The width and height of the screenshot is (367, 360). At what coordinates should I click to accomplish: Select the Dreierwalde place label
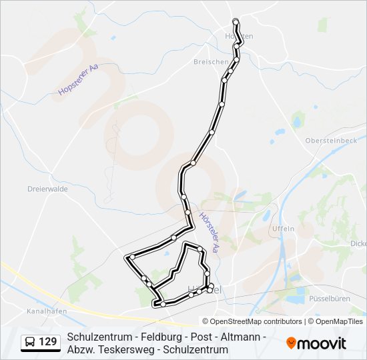[47, 189]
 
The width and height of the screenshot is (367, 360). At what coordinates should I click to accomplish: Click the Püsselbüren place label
[330, 299]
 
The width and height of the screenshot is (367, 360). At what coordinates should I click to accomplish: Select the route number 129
[48, 343]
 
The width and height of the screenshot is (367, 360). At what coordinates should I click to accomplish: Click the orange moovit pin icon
[291, 343]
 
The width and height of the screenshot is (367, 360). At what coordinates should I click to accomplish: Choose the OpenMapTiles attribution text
[339, 321]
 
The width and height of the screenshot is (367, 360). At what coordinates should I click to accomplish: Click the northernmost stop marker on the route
[236, 28]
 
